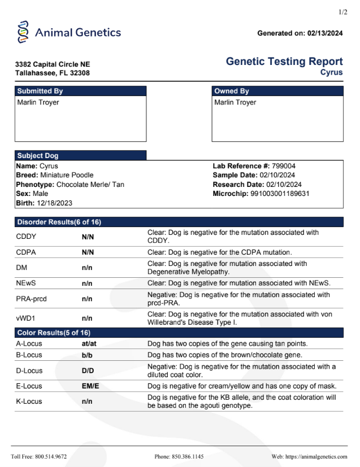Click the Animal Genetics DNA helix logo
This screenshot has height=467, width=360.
click(x=23, y=32)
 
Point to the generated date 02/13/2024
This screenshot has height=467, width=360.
click(x=325, y=33)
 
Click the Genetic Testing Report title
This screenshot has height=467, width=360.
click(x=284, y=62)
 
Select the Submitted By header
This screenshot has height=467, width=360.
click(x=40, y=91)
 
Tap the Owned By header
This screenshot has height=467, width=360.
click(x=232, y=91)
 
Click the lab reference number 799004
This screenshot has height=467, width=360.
click(x=284, y=166)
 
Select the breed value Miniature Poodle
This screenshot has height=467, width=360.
click(x=67, y=175)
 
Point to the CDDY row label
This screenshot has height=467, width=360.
click(x=27, y=237)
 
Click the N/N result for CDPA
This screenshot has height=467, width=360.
click(x=88, y=252)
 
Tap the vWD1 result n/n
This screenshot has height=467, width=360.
click(x=87, y=318)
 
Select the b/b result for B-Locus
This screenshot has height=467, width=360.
click(x=87, y=355)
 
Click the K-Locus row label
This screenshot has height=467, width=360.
click(x=29, y=401)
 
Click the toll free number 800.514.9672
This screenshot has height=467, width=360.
click(x=51, y=456)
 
